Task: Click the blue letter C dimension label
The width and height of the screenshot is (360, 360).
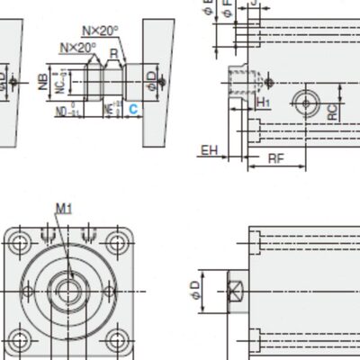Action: coord(132,109)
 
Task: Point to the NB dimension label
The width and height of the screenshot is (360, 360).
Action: coord(42,83)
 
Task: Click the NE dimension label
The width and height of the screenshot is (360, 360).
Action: coord(108,109)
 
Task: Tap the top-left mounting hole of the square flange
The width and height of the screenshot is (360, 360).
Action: coord(21,244)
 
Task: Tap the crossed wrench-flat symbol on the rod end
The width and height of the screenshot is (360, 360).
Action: coord(235,291)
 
